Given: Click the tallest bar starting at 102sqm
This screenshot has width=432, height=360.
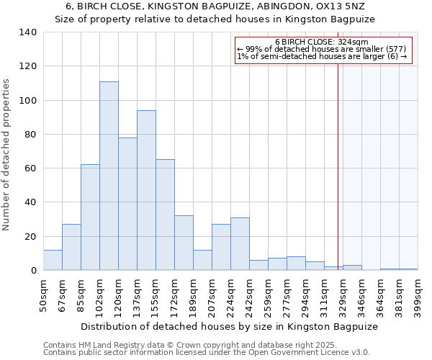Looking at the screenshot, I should pyautogui.click(x=109, y=176).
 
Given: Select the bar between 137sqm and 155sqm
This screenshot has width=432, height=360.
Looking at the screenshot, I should pyautogui.click(x=146, y=190).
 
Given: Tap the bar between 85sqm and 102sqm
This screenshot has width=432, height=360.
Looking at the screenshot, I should pyautogui.click(x=90, y=217).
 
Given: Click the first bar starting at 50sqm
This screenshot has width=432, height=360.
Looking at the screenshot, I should pyautogui.click(x=53, y=260).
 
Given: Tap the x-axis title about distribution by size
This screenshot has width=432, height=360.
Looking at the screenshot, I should pyautogui.click(x=229, y=326).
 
